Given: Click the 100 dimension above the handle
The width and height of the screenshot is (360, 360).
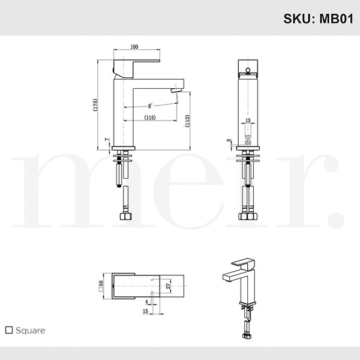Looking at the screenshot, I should click(133, 46).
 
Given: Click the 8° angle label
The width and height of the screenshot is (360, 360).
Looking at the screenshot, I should click(150, 106).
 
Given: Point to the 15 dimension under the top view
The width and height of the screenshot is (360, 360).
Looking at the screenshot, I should click(146, 311).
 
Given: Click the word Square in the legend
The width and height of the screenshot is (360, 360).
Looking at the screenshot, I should click(31, 330).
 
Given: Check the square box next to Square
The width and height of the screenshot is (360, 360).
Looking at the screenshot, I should click(8, 330).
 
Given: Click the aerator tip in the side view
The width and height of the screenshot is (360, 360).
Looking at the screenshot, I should click(175, 90).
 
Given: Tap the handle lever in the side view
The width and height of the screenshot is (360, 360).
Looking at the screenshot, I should click(138, 63).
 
